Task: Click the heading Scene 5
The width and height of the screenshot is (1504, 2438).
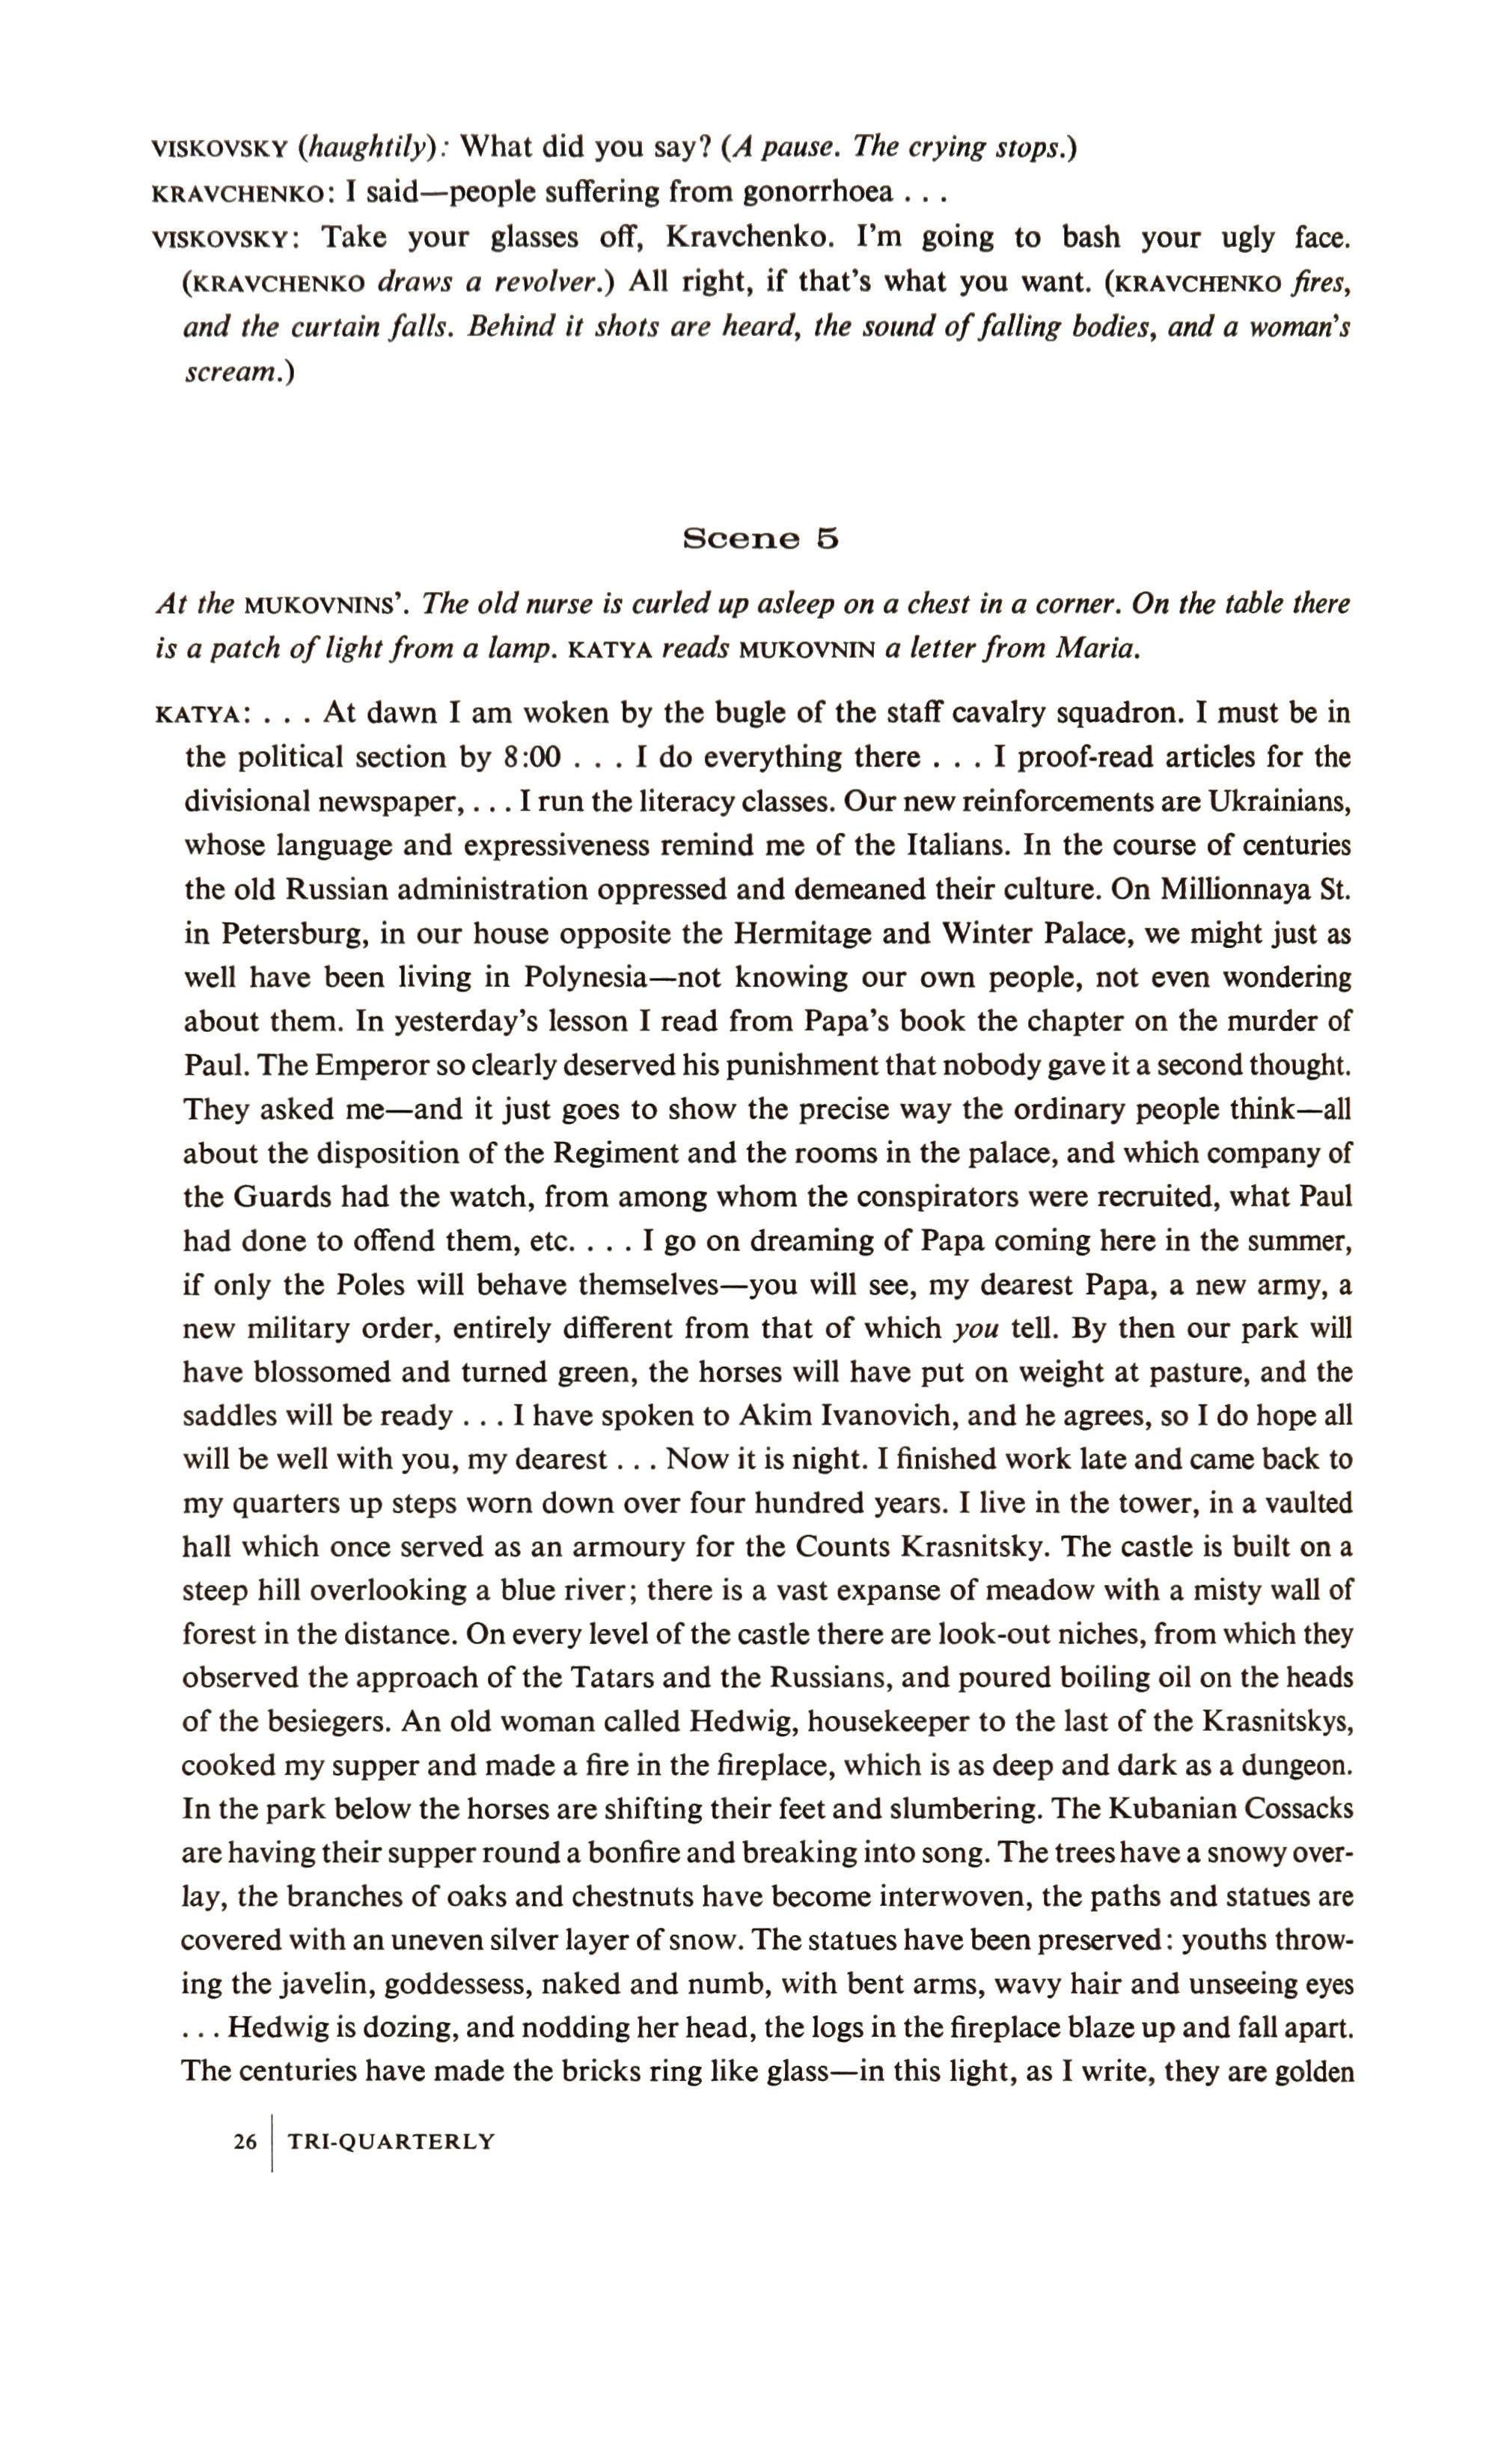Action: [761, 538]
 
